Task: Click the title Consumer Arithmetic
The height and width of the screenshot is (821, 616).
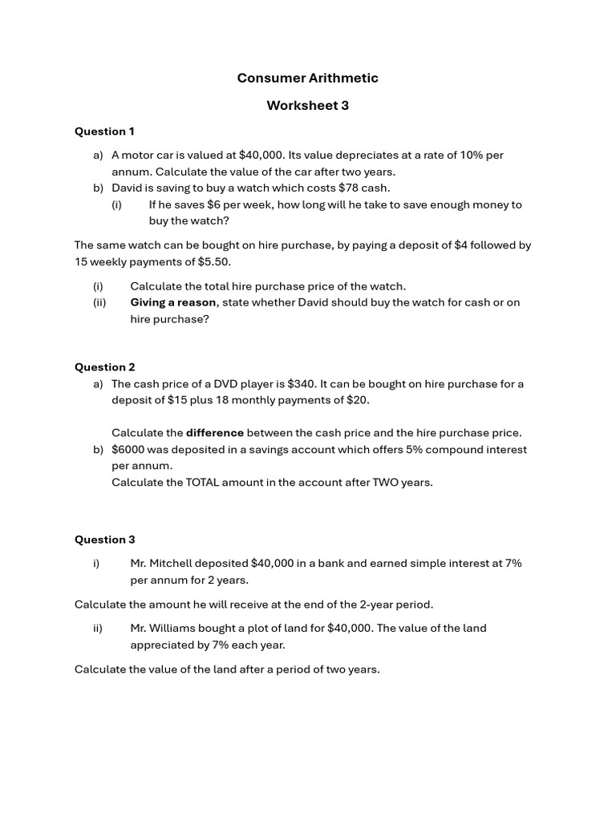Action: (307, 78)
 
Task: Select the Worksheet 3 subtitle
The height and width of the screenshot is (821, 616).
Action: (307, 105)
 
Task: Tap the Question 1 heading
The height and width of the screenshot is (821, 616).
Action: (104, 131)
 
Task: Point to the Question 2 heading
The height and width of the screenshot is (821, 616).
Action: (104, 367)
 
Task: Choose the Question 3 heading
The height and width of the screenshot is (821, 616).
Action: (104, 540)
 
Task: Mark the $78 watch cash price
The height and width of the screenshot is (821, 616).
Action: (351, 188)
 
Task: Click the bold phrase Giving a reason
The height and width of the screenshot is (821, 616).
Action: (173, 302)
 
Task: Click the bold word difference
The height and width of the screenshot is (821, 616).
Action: (215, 433)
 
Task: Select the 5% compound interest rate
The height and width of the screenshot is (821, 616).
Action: (414, 450)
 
